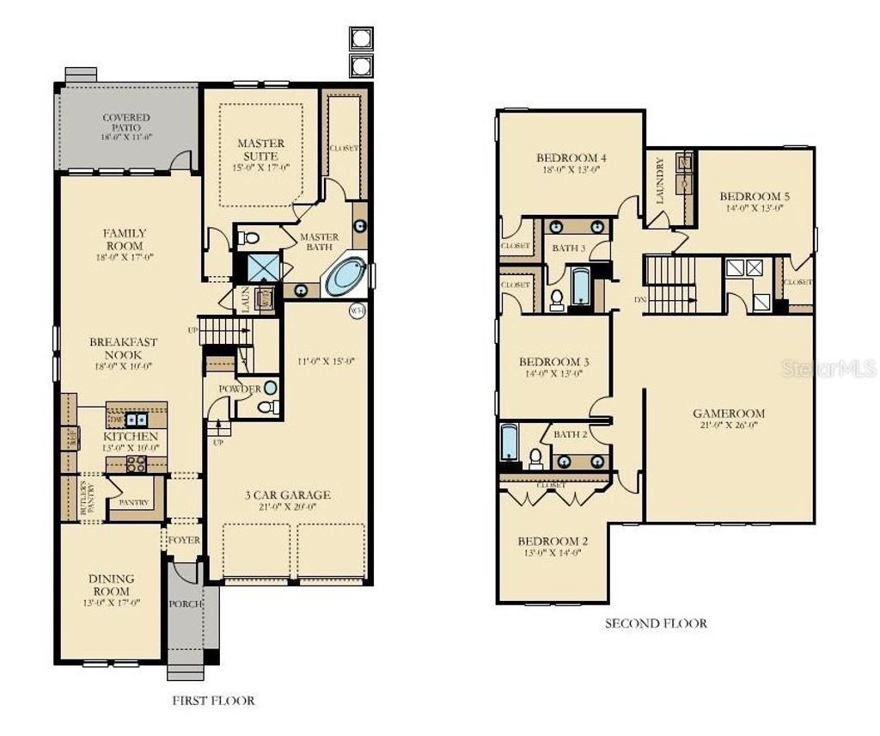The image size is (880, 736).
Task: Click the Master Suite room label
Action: point(261,150)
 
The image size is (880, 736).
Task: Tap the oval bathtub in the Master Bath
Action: point(346,276)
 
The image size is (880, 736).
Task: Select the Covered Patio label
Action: point(126,123)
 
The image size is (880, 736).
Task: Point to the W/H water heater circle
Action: point(357,310)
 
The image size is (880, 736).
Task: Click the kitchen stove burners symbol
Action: point(136,463)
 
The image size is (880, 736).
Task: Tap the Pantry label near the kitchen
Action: point(134,503)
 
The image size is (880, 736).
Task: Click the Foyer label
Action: point(183,541)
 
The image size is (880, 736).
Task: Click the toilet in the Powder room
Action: point(268,407)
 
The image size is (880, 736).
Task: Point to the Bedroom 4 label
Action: point(571,157)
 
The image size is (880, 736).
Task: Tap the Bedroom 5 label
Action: point(755,196)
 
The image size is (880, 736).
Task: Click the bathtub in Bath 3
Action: point(581,287)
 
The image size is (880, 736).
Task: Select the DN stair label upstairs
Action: point(639,300)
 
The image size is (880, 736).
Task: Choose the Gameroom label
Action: point(729,414)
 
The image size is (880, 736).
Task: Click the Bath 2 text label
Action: point(570,434)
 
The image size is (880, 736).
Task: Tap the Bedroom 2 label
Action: point(553,541)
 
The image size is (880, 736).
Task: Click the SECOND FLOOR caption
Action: point(656,623)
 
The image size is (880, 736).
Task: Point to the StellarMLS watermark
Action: point(828,369)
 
